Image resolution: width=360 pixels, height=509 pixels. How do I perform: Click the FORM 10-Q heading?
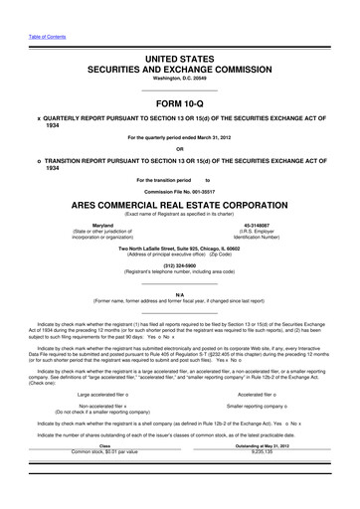pyautogui.click(x=179, y=103)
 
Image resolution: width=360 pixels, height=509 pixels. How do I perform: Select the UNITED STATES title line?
pyautogui.click(x=179, y=61)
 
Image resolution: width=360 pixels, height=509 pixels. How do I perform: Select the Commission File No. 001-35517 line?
pyautogui.click(x=179, y=190)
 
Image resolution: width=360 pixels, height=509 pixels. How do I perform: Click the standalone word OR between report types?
pyautogui.click(x=179, y=150)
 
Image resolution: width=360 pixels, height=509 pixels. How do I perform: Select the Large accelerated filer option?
pyautogui.click(x=108, y=424)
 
